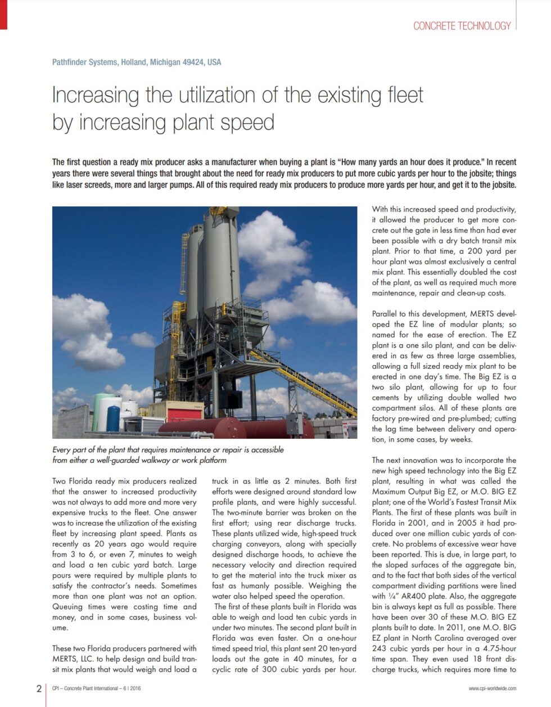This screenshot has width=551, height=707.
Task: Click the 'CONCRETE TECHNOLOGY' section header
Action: tap(462, 26)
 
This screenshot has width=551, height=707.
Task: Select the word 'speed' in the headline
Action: tap(247, 122)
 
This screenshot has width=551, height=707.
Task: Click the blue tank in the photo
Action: tap(113, 419)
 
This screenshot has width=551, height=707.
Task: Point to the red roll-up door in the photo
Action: tap(185, 416)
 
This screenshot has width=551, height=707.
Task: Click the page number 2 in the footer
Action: tap(38, 688)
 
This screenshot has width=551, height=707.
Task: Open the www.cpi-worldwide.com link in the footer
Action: tap(492, 688)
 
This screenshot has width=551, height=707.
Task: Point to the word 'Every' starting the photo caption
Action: tap(62, 450)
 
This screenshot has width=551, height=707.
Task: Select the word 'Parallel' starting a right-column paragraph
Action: tap(386, 314)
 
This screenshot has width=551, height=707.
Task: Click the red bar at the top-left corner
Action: tap(3, 15)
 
